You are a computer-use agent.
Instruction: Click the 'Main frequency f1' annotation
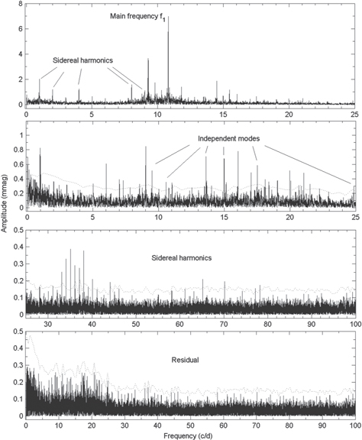tap(144, 15)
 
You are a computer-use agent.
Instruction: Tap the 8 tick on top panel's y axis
tap(19, 5)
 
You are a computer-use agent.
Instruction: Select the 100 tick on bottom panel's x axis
tap(354, 424)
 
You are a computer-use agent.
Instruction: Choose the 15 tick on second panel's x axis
tap(223, 217)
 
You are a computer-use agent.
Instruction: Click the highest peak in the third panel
tap(71, 249)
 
